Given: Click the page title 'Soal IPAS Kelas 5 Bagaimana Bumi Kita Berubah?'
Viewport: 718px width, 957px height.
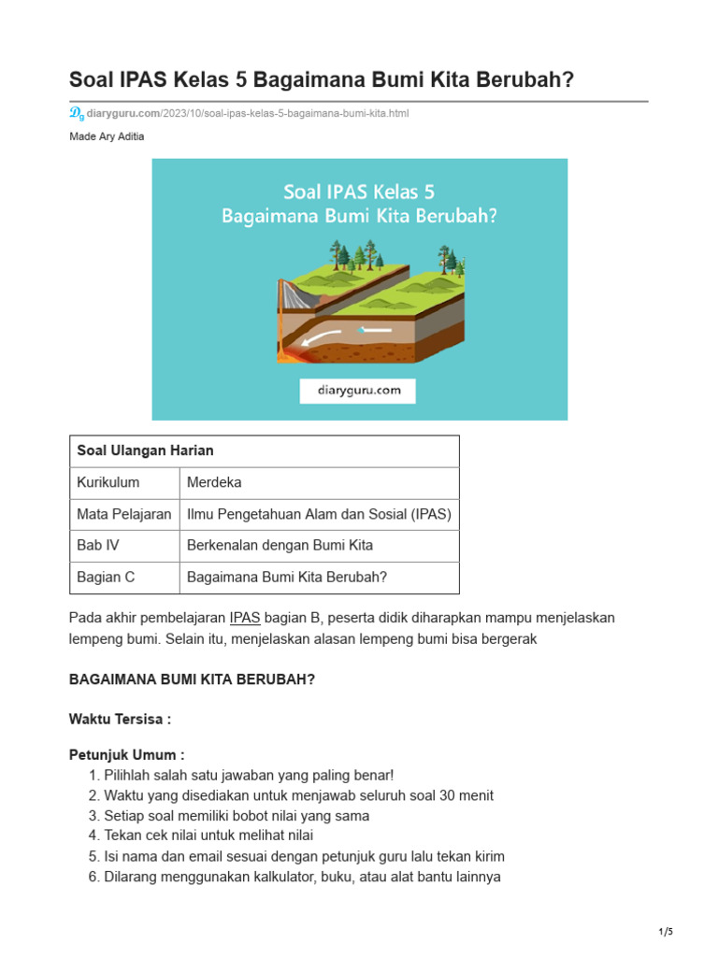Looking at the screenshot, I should [322, 81].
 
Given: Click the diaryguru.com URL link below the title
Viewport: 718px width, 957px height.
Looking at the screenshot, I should [248, 113].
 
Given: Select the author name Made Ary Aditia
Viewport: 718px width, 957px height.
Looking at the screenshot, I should [108, 136].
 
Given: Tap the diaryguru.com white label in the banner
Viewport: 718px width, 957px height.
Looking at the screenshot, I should [358, 391].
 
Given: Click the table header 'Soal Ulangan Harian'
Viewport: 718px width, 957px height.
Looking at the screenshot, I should [145, 450].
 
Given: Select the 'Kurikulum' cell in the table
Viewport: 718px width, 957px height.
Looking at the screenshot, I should [108, 482].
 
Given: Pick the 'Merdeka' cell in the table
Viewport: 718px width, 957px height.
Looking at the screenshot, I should [214, 482].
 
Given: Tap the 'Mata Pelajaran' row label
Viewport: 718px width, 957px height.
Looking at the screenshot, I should [123, 514].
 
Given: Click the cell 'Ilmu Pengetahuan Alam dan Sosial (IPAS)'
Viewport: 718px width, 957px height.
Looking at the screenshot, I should [319, 514].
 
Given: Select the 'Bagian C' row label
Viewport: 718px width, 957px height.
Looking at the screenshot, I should [106, 577].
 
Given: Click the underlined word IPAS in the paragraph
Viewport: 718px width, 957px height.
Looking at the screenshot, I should [245, 618].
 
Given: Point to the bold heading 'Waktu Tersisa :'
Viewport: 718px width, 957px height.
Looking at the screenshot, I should [120, 719].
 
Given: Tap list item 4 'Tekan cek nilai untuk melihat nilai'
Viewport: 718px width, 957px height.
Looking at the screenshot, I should [208, 836].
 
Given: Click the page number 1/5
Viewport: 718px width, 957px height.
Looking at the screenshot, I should [666, 932].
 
